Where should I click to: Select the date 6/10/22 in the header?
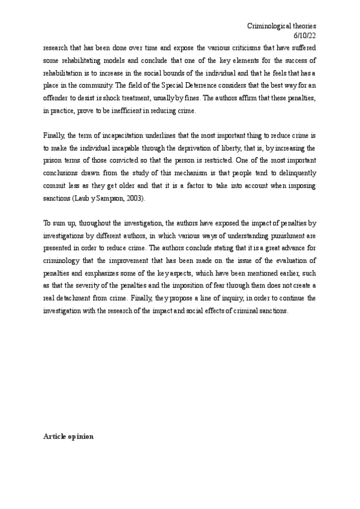tap(304, 36)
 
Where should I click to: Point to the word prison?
tap(52, 162)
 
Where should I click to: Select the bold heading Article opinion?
tap(68, 437)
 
